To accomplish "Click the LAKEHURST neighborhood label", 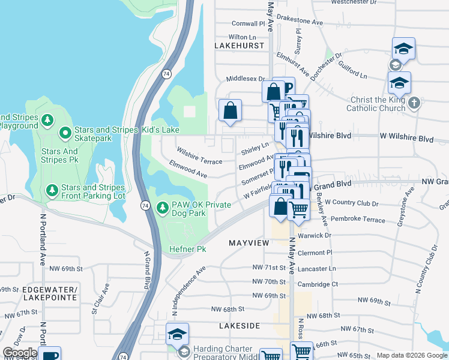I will coord(240,45).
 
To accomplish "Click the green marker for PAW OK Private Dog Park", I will coord(162,208).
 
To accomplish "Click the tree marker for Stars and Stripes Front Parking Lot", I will coord(53,191).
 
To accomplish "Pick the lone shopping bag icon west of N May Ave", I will coord(230,111).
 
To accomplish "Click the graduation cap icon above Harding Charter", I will coord(177,334).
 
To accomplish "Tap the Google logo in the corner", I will coord(20,353).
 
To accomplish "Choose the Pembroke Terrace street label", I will coord(358,220).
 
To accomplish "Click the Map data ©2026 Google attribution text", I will coord(412,355).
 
